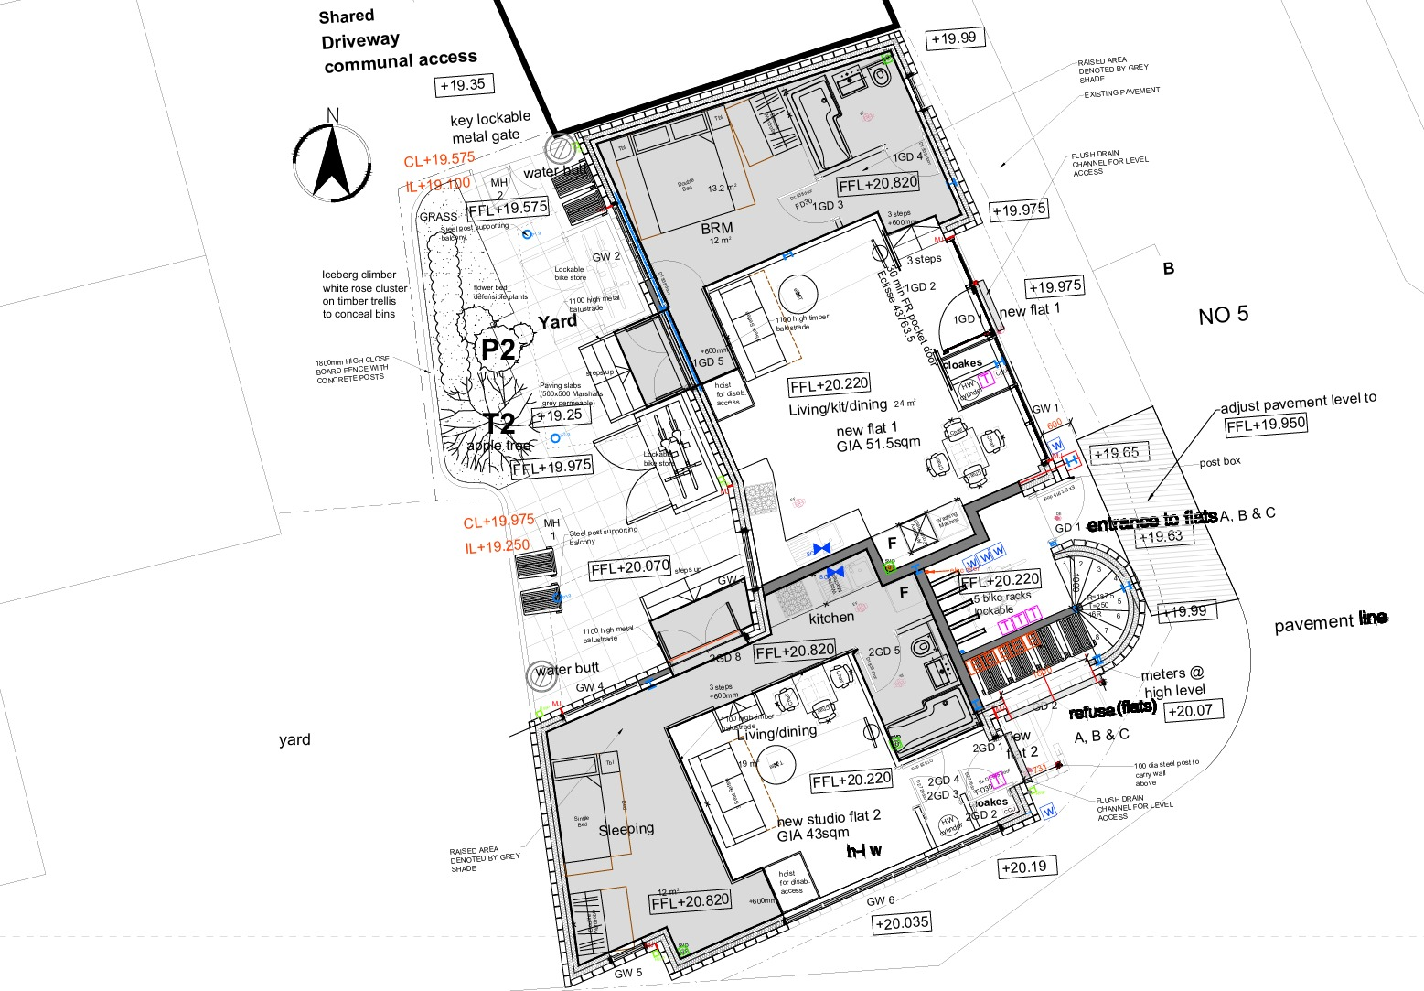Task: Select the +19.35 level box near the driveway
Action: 463,85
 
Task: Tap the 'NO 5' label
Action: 1223,316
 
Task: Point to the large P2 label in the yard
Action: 499,350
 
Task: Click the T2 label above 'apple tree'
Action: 498,424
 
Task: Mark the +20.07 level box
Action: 1190,710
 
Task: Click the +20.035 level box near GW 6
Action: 902,923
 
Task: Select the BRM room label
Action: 717,228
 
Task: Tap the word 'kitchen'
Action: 831,618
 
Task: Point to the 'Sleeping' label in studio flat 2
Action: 626,829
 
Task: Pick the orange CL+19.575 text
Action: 439,159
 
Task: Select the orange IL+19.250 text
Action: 497,546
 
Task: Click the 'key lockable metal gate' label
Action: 489,126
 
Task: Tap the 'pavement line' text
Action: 1331,622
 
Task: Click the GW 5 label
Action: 628,973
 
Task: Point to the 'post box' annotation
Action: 1220,461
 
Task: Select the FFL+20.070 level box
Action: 630,568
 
